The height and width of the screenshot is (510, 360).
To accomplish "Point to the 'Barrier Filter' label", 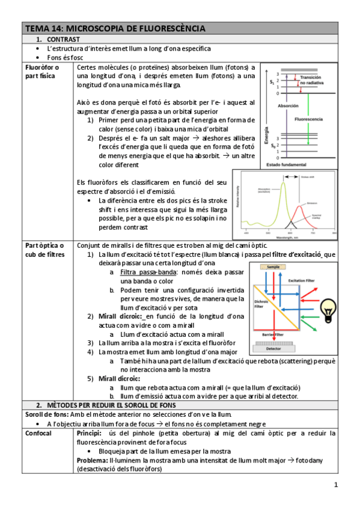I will pyautogui.click(x=273, y=333).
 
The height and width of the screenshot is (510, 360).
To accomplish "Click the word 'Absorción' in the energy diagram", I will pyautogui.click(x=288, y=105).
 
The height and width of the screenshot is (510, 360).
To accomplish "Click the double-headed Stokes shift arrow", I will pyautogui.click(x=294, y=176).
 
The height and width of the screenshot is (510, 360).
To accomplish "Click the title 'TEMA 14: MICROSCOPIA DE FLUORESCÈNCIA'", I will pyautogui.click(x=114, y=28).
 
